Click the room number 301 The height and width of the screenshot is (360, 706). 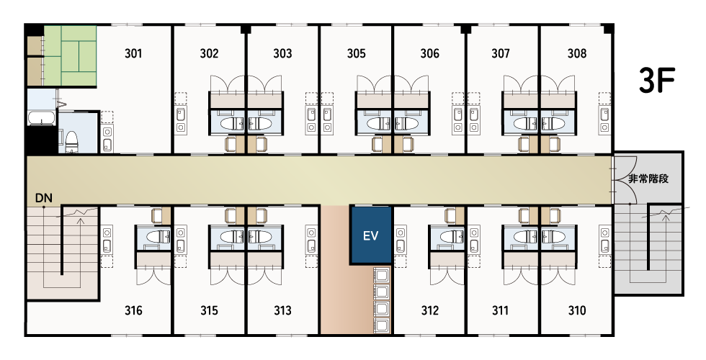(133, 53)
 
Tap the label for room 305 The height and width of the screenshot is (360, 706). (356, 53)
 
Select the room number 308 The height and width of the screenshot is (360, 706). (577, 53)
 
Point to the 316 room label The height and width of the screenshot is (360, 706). (133, 310)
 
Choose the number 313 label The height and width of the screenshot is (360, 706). (282, 310)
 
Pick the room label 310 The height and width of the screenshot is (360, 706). (577, 310)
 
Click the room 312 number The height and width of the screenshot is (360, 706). (430, 310)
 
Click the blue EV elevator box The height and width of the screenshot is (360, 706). (371, 235)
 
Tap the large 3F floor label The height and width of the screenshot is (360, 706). (657, 80)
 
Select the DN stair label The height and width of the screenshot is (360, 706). (44, 198)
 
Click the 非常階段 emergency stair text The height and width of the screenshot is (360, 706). (648, 179)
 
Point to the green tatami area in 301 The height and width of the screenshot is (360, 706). (71, 55)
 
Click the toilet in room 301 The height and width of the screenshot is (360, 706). (72, 141)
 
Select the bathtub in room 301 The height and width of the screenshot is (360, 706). (42, 118)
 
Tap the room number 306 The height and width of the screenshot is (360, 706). (429, 53)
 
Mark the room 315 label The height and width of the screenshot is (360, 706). (209, 310)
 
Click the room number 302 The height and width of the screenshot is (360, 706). (209, 53)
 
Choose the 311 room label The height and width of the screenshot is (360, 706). (500, 310)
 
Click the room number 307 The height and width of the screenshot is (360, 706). (501, 53)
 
